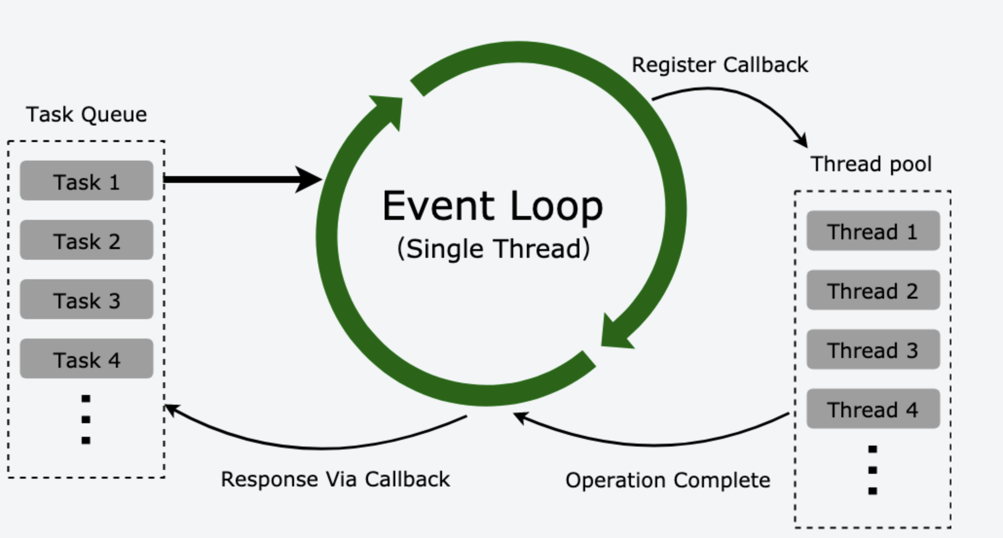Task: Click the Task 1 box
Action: coord(86,181)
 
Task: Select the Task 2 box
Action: coord(86,240)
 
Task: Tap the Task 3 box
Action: coord(86,300)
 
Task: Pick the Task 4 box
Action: coord(86,359)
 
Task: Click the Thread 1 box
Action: coord(873,231)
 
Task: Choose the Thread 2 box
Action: coord(873,290)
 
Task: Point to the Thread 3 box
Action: coord(873,350)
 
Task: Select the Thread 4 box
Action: coord(873,409)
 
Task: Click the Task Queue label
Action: coord(86,115)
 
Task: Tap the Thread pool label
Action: coord(871,164)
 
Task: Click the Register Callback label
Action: coord(720,65)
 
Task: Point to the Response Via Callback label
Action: coord(335,480)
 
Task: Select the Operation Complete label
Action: coord(668,481)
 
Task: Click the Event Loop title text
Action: coord(492,206)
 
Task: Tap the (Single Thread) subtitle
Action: coord(493,249)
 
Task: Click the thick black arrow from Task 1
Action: coord(239,179)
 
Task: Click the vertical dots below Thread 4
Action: coord(873,470)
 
